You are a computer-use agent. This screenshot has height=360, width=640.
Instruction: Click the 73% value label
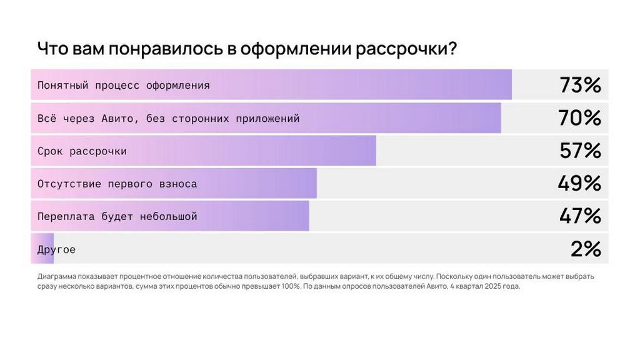(580, 85)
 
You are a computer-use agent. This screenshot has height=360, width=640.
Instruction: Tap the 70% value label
(580, 118)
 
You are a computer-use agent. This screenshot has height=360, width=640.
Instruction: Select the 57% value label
(580, 151)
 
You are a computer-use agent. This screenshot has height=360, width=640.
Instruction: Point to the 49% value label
(579, 184)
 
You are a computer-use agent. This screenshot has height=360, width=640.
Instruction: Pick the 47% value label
(580, 216)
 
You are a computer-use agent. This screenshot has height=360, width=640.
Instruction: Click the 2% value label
(586, 249)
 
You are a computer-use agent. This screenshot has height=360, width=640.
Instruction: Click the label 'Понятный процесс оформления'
(123, 86)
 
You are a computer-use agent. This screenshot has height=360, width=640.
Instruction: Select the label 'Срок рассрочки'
(82, 151)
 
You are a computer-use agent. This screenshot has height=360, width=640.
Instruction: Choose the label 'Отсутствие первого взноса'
(117, 184)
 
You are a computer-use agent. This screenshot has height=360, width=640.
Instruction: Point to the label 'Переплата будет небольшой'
(117, 217)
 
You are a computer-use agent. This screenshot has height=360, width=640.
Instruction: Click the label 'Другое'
(56, 249)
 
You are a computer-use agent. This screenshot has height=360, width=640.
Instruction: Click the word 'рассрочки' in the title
(404, 49)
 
